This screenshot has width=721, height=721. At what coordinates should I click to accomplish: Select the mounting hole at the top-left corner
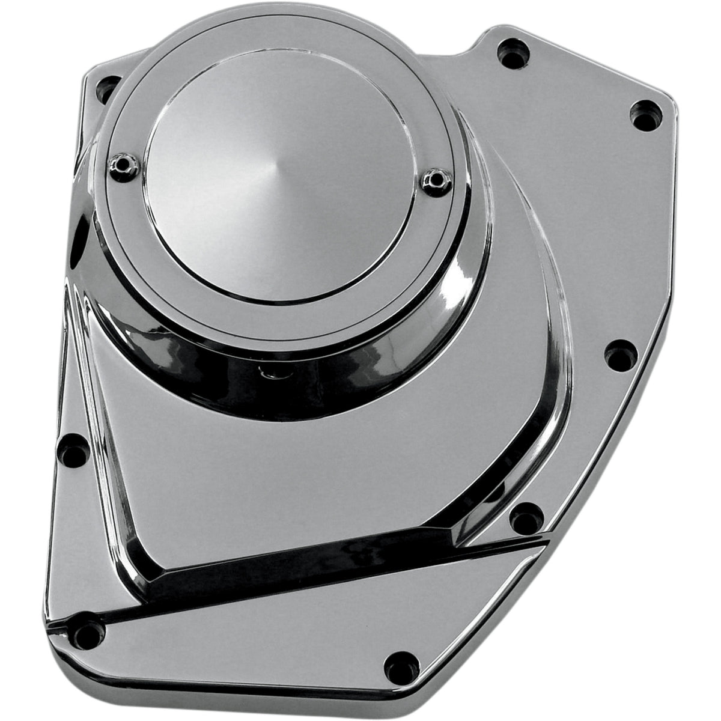click(108, 88)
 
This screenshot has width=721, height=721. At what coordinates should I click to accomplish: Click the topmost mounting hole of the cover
click(514, 54)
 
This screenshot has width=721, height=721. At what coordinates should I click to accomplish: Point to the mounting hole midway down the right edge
click(620, 354)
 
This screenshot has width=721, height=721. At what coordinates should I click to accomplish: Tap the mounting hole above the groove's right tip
click(526, 516)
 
